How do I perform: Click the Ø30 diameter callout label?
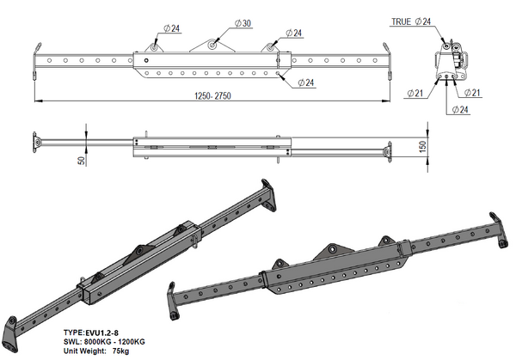pyautogui.click(x=243, y=23)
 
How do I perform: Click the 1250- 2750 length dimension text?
pyautogui.click(x=212, y=96)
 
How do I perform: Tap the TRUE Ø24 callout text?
pyautogui.click(x=411, y=21)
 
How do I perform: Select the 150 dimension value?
pyautogui.click(x=423, y=147)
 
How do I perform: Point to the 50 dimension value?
pyautogui.click(x=82, y=161)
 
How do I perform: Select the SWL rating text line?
pyautogui.click(x=104, y=342)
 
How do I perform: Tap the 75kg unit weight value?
pyautogui.click(x=120, y=351)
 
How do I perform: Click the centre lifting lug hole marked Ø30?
pyautogui.click(x=212, y=45)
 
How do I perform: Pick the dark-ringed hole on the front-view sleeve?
pyautogui.click(x=146, y=60)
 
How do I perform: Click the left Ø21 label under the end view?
pyautogui.click(x=415, y=94)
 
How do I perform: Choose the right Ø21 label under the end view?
pyautogui.click(x=472, y=93)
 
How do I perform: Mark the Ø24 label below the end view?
pyautogui.click(x=460, y=109)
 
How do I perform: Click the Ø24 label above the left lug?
pyautogui.click(x=172, y=28)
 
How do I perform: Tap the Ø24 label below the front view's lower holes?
pyautogui.click(x=306, y=82)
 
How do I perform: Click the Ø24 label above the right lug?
pyautogui.click(x=294, y=34)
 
